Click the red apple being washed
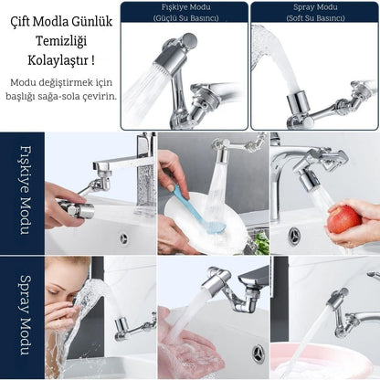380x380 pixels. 344,219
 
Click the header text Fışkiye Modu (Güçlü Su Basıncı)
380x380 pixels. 185,13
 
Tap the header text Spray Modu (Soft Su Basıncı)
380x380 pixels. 315,13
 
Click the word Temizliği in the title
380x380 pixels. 61,41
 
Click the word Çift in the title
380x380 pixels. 20,22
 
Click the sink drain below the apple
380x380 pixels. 294,234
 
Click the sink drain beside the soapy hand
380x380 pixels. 259,354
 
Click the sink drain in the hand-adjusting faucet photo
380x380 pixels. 123,237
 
